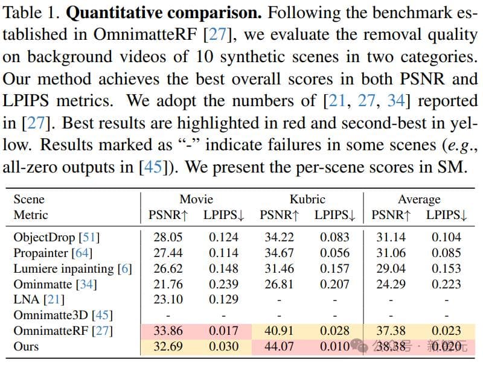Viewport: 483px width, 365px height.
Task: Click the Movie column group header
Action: pos(196,199)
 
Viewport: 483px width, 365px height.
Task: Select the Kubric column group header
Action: pos(307,199)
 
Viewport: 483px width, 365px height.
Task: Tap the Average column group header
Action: pos(419,199)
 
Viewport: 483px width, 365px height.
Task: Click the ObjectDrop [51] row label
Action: pos(57,237)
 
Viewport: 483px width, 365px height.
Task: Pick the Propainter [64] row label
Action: pos(53,253)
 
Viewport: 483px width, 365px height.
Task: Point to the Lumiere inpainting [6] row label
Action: pos(72,268)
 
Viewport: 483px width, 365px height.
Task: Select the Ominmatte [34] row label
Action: pos(55,284)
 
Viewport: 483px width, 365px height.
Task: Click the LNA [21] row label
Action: pos(39,299)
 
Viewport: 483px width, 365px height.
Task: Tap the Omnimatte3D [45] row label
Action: pos(63,315)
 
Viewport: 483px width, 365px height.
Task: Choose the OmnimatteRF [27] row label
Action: pos(63,331)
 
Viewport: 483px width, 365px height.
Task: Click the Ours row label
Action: pos(26,346)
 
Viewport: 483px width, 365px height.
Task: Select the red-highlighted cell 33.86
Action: pos(168,331)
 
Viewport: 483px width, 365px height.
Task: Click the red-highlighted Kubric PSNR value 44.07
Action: pos(279,346)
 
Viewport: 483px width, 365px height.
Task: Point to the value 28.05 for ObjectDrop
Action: pos(168,237)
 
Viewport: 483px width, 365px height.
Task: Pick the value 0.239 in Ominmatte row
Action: pos(223,284)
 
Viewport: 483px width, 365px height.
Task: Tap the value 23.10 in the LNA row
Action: pos(168,299)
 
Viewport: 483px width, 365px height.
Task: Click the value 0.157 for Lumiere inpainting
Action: pos(335,268)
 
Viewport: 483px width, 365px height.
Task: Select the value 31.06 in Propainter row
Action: pos(390,253)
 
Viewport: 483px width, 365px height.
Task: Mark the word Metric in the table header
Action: pos(31,215)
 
